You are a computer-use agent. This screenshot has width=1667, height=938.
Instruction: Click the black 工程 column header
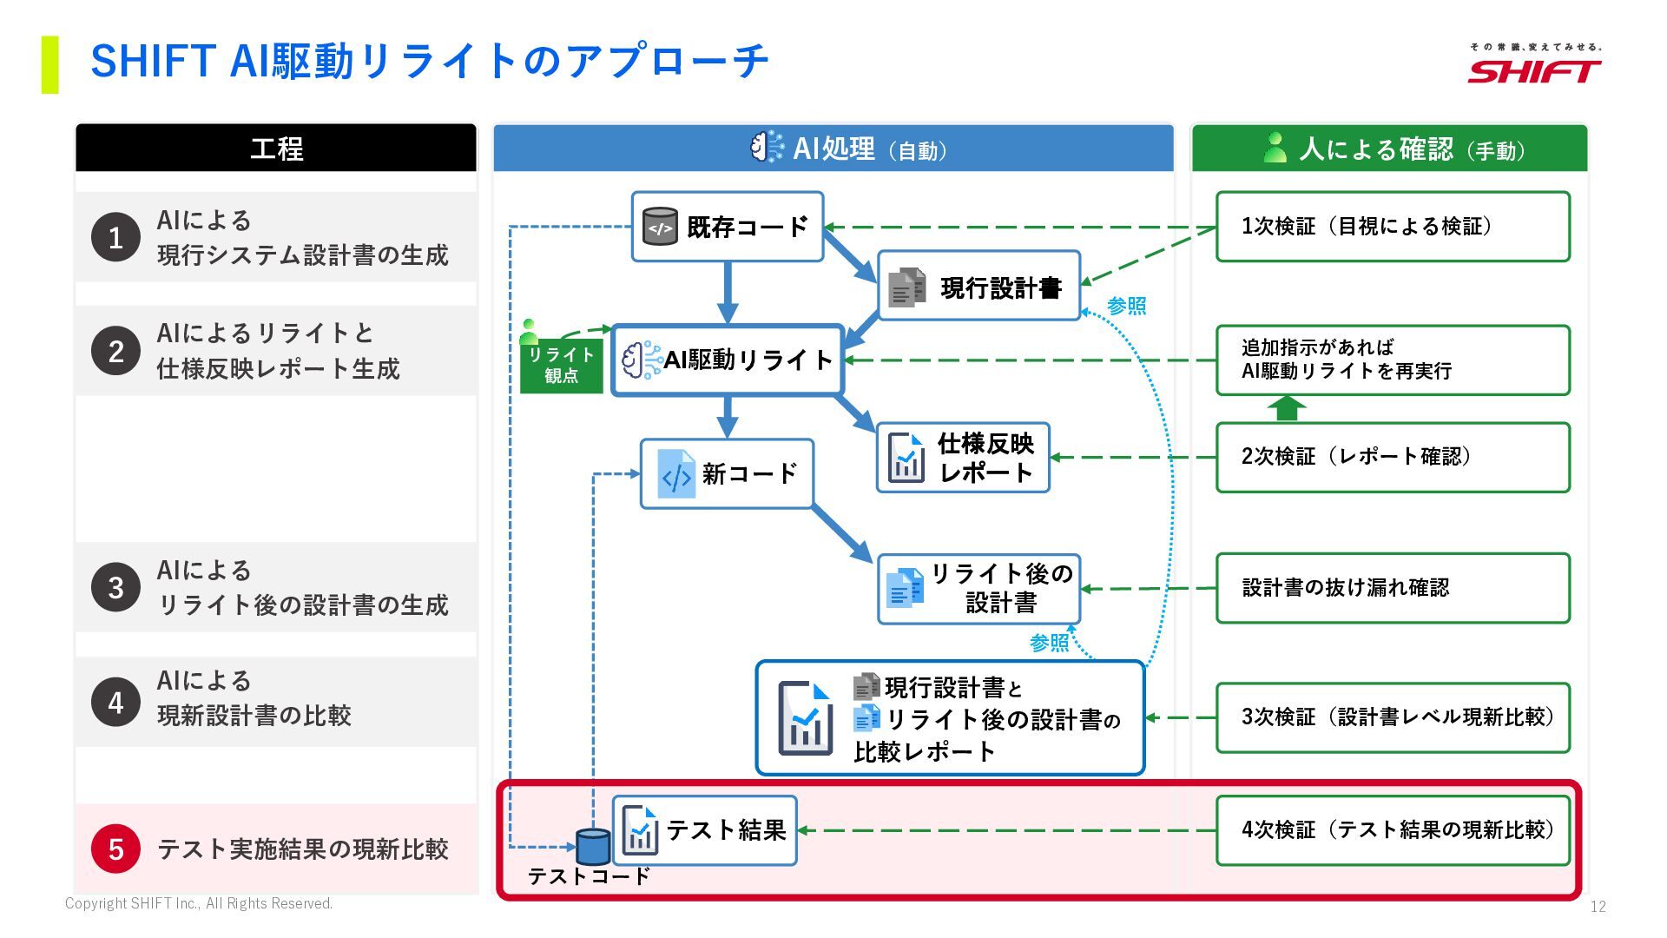[x=276, y=148]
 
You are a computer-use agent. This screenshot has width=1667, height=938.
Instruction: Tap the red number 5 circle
[x=115, y=849]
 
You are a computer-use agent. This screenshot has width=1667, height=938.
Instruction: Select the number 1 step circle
[x=115, y=237]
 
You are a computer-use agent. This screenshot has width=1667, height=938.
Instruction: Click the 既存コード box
[x=727, y=227]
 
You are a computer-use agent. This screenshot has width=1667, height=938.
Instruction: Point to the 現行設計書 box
[x=978, y=286]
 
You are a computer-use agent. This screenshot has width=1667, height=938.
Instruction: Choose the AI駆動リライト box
[x=728, y=360]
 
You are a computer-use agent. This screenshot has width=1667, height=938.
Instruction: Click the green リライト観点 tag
[x=561, y=365]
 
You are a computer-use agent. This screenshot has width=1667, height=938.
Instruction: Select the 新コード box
[x=727, y=473]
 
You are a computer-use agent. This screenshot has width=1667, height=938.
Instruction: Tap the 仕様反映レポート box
[x=963, y=458]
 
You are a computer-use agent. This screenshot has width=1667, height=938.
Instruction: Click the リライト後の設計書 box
[x=978, y=589]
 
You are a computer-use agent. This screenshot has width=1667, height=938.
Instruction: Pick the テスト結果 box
[x=704, y=830]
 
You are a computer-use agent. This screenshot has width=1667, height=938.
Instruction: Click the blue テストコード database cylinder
[x=593, y=846]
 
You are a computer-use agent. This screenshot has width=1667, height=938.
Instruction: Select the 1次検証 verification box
[x=1393, y=227]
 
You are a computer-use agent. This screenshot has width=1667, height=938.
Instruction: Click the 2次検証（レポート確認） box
[x=1393, y=458]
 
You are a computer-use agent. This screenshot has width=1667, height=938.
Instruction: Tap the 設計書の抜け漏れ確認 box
[x=1393, y=588]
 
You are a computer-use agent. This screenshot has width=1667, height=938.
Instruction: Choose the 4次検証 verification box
[x=1393, y=830]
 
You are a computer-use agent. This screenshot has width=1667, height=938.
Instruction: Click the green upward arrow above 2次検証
[x=1287, y=408]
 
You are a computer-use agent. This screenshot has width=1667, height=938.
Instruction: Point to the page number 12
[x=1598, y=907]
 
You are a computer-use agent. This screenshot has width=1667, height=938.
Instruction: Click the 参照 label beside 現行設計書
[x=1127, y=306]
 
